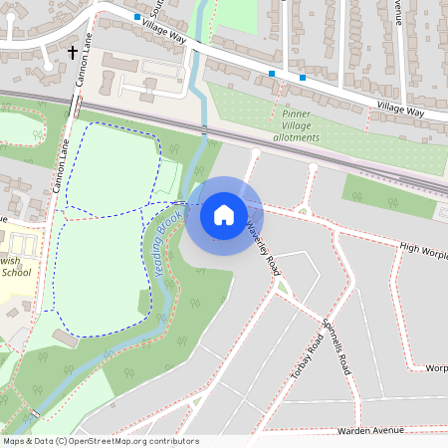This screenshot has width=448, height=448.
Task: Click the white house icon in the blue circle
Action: point(224,214)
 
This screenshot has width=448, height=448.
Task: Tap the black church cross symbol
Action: point(72,52)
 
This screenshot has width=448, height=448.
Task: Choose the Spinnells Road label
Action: point(336,347)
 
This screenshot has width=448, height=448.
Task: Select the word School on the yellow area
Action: point(17,271)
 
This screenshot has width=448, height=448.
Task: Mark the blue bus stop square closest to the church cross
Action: point(136,17)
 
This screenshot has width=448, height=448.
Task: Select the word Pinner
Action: point(283,114)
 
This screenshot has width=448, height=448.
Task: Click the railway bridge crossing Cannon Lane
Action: point(77,106)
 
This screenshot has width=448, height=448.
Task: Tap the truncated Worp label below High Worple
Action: point(435,367)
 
